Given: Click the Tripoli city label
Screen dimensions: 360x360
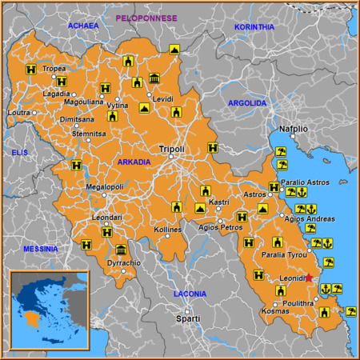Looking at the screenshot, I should [x=171, y=149].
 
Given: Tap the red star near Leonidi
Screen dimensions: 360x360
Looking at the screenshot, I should [x=310, y=278].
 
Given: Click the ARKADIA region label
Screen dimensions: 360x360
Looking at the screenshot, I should [x=134, y=162].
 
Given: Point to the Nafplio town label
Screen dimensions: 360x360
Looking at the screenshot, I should [x=294, y=128].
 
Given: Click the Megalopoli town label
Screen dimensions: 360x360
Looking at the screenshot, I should [x=105, y=187].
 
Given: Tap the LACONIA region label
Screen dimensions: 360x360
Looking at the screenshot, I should [x=190, y=294].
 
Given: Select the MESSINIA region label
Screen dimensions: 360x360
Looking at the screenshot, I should [x=41, y=249].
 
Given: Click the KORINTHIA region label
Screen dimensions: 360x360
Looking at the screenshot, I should [x=254, y=26].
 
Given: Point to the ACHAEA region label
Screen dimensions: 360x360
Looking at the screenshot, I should [x=83, y=26].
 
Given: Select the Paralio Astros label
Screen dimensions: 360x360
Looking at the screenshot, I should [x=306, y=182].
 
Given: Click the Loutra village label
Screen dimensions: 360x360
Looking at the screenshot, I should [x=19, y=113].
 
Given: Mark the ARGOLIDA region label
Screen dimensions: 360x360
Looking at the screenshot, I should [x=247, y=103].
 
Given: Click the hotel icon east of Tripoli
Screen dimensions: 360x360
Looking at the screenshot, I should [x=212, y=148].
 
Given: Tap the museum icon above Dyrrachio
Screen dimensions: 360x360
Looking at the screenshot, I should [x=121, y=250].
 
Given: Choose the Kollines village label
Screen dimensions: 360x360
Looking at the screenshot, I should [x=168, y=230].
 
